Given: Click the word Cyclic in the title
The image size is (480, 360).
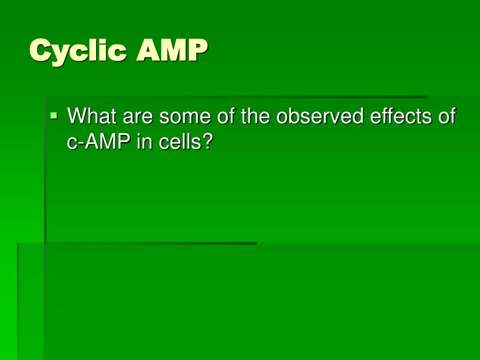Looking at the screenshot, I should pyautogui.click(x=78, y=51).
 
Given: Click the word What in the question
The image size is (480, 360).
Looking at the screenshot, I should pyautogui.click(x=92, y=116).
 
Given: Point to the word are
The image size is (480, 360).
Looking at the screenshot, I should pyautogui.click(x=138, y=116).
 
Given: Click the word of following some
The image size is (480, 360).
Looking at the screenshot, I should pyautogui.click(x=226, y=116).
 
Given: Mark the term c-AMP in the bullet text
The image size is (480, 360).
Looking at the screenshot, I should pyautogui.click(x=99, y=142).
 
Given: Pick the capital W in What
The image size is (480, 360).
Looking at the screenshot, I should pyautogui.click(x=76, y=116).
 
